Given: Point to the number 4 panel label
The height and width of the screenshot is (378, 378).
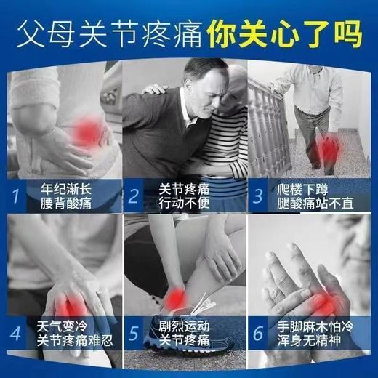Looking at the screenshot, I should pyautogui.click(x=15, y=334).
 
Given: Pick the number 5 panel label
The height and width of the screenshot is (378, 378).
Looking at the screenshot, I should pyautogui.click(x=134, y=334).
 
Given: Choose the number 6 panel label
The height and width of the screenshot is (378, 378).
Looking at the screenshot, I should pyautogui.click(x=257, y=334).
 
